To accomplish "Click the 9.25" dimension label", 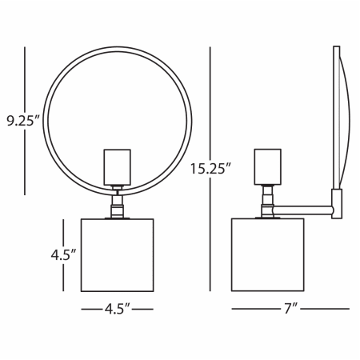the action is pos(23,121).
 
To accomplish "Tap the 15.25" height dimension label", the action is pos(210,169).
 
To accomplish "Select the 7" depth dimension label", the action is pos(290,309).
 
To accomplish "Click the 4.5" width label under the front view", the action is pos(118,309).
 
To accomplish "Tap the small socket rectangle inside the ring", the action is pos(118,167).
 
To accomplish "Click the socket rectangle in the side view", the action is pos(268,166).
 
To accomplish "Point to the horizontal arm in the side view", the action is pos(303,210).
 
